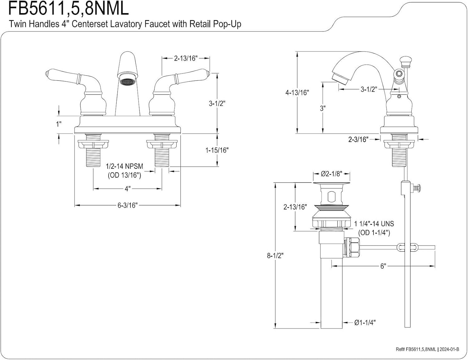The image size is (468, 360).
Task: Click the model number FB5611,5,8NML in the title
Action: pos(68,8)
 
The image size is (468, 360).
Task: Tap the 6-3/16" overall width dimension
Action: pos(127,205)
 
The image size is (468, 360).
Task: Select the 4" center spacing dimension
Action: pos(127,189)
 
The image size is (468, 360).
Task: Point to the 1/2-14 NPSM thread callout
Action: pos(124,166)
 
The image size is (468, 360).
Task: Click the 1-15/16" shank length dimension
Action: pos(217,150)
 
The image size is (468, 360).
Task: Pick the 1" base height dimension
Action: pos(59,124)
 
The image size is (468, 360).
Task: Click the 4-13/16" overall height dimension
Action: pos(297,92)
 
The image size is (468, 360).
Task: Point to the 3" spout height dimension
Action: pos(323,108)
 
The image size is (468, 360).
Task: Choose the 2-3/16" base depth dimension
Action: pos(358,139)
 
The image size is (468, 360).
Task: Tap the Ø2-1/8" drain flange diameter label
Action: pos(331,173)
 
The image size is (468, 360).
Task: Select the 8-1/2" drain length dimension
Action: pos(275,255)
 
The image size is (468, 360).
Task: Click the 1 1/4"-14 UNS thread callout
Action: pos(374,224)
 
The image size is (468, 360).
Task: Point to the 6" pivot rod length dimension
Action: pos(383,266)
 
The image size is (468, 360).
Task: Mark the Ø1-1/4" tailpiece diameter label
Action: pos(365,323)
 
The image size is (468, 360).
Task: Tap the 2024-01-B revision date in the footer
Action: pos(449,349)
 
